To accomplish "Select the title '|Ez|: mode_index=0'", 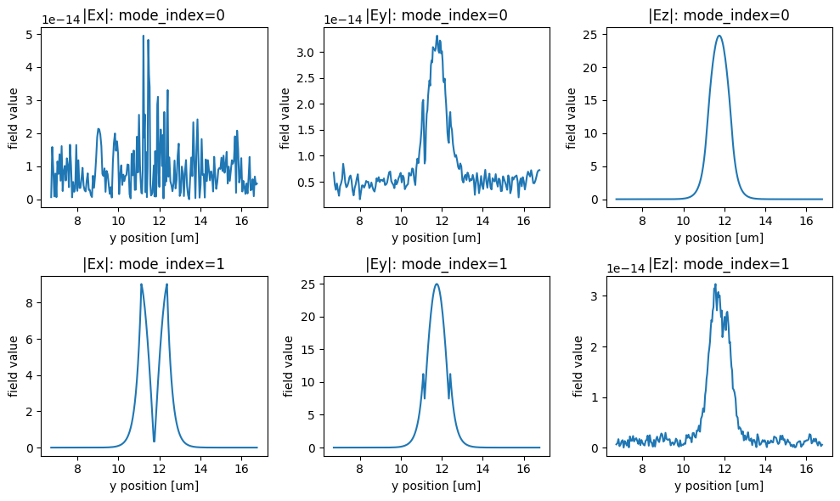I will coord(719,14).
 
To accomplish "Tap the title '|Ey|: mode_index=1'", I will coord(437,263).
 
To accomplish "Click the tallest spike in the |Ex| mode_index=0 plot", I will coord(144,36).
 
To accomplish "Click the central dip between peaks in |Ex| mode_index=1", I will coord(154,441).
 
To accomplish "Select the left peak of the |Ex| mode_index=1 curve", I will coord(141,284).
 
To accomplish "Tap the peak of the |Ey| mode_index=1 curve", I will coord(437,284).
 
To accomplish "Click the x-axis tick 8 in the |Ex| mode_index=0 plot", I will coord(78,219).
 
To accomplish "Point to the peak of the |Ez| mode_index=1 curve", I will coord(715,284).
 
